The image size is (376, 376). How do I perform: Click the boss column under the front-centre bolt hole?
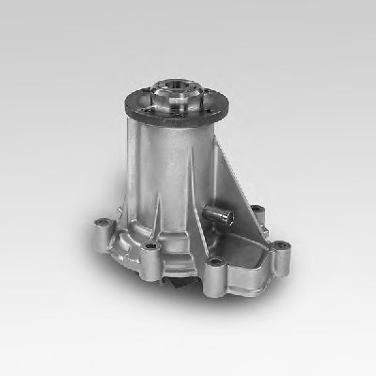tap(217, 277)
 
